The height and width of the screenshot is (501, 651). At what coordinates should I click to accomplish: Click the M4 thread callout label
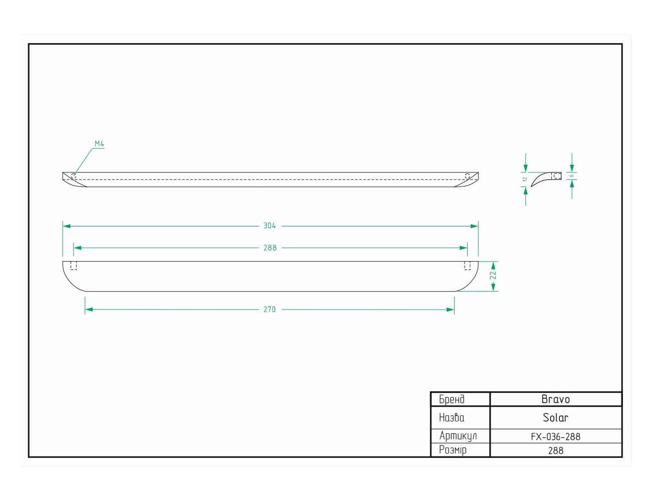pos(99,144)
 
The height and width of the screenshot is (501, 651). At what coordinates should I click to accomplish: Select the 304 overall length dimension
pos(269,225)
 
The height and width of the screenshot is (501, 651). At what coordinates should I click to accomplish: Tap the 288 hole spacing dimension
pos(270,248)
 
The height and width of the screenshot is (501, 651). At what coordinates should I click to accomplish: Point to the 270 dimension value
pos(269,309)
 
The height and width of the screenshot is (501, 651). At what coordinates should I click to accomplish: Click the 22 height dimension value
pos(493,275)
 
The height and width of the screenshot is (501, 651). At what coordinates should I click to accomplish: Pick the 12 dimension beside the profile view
pos(525,179)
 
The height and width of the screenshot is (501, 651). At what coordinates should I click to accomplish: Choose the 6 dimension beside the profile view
pos(571,176)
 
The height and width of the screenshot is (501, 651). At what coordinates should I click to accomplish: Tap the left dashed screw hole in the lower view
pos(74,266)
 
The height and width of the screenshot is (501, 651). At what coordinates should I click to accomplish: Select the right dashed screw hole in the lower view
pos(467,266)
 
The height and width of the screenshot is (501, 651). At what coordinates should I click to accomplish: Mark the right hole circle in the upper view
pos(467,176)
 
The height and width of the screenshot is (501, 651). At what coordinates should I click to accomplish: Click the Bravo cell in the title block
pos(555,399)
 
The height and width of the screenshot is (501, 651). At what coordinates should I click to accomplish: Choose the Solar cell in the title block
pos(555,417)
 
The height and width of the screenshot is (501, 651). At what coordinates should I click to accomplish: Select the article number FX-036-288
pos(555,436)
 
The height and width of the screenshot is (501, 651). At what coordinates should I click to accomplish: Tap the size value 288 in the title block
pos(555,450)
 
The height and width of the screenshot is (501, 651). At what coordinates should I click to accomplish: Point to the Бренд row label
pos(452,399)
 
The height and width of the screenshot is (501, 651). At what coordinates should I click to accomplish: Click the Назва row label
pos(452,417)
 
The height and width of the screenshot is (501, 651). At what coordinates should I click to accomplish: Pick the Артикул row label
pos(458,436)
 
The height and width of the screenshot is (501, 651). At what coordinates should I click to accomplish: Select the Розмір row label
pos(453,450)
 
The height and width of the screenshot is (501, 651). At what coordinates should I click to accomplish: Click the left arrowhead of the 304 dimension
pos(67,226)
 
